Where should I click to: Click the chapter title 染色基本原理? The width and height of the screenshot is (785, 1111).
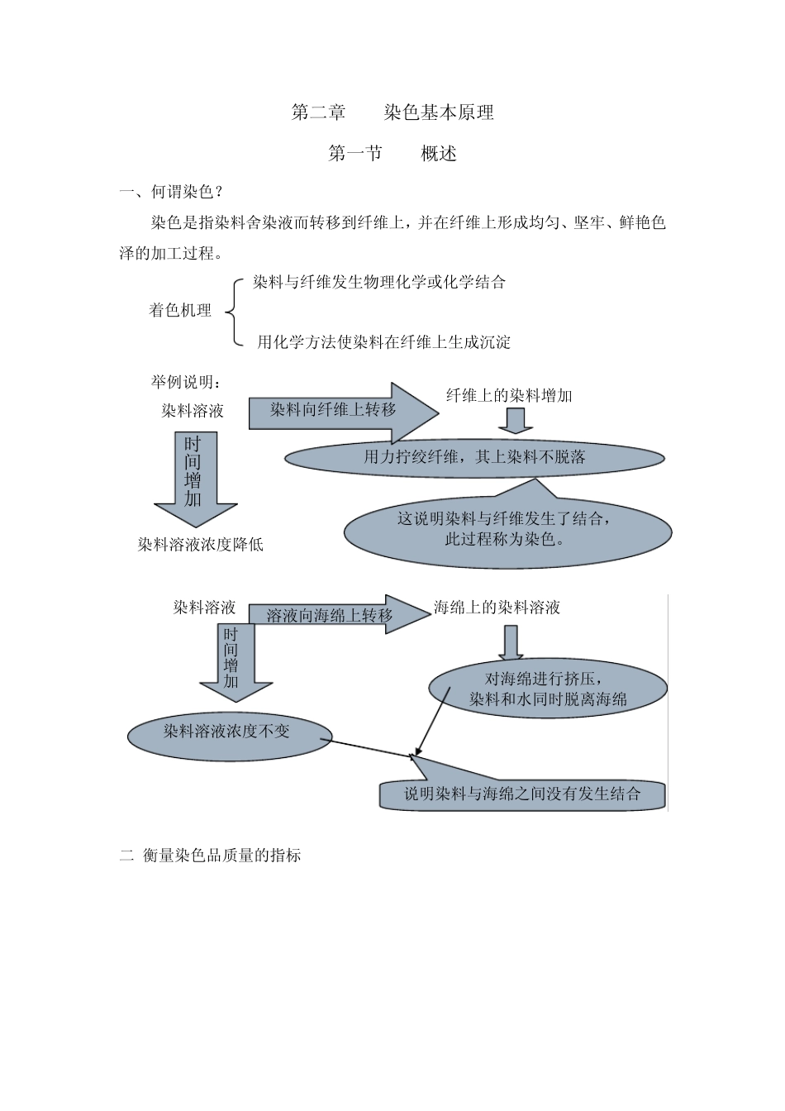[439, 112]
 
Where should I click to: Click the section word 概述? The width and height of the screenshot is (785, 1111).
[439, 154]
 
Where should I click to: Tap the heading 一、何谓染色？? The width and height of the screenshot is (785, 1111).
[171, 193]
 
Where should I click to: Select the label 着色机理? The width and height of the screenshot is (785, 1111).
[180, 311]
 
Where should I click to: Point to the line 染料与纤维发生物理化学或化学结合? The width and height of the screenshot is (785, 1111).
[379, 283]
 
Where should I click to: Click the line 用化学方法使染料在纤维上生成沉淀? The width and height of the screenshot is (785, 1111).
[383, 342]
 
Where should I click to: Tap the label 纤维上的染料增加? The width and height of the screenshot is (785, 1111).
[509, 396]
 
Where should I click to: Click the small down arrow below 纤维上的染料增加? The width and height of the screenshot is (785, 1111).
[516, 422]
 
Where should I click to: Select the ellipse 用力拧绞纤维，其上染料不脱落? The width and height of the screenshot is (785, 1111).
[474, 457]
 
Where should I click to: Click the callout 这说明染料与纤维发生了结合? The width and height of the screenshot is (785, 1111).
[506, 530]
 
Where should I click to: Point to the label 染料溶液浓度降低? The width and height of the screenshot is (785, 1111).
[200, 545]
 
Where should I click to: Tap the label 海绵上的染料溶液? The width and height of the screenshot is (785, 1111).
[497, 608]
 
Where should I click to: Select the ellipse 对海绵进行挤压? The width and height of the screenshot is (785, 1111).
[548, 689]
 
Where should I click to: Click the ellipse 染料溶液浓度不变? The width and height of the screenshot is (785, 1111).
[229, 732]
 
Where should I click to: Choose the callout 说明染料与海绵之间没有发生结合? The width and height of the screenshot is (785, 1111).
[522, 794]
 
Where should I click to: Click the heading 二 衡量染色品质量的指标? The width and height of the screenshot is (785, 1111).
[211, 856]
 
